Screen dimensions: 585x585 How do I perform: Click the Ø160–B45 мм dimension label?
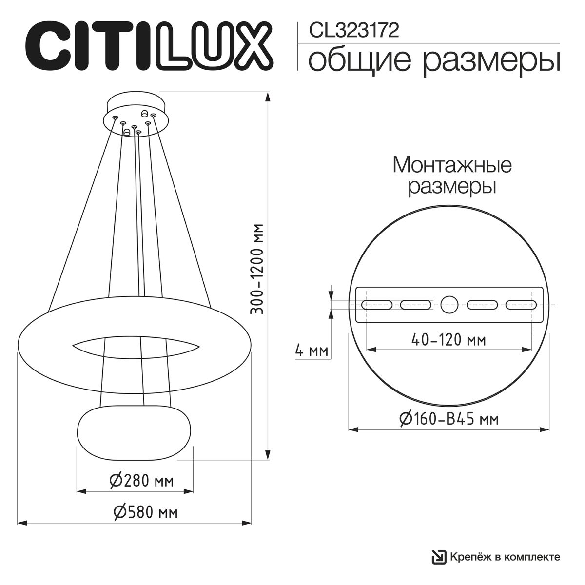[x=448, y=418]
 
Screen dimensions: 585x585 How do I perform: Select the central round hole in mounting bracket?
[x=449, y=305]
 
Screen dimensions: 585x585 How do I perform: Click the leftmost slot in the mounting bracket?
[x=377, y=305]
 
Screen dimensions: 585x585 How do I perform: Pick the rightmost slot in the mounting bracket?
[x=521, y=305]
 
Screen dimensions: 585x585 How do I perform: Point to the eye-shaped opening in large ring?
[x=136, y=345]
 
